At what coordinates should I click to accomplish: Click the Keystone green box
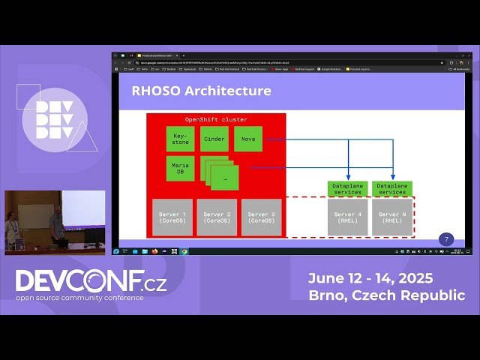point(180,139)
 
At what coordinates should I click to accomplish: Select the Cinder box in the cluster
point(214,139)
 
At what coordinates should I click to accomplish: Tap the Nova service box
point(247,139)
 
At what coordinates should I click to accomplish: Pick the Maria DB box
point(180,169)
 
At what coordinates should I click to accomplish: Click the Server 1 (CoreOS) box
point(172,217)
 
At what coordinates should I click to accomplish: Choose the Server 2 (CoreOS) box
point(217,217)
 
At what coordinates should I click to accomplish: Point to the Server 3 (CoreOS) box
point(261,217)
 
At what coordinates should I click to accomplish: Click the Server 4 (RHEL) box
point(347,217)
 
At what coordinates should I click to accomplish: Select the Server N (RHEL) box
point(392,217)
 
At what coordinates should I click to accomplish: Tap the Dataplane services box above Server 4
point(347,188)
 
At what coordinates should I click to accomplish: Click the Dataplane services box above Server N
point(392,188)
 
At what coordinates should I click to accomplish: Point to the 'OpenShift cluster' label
point(216,120)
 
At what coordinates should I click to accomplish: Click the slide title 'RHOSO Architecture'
point(201,91)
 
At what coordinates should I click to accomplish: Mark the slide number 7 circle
point(446,239)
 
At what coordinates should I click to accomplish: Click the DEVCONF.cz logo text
point(90,281)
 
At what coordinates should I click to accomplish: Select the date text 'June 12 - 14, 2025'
point(370,278)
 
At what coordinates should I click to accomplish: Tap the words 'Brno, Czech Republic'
point(386,295)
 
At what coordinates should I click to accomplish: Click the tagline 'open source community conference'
point(80,298)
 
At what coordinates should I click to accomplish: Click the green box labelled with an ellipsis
point(225,178)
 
